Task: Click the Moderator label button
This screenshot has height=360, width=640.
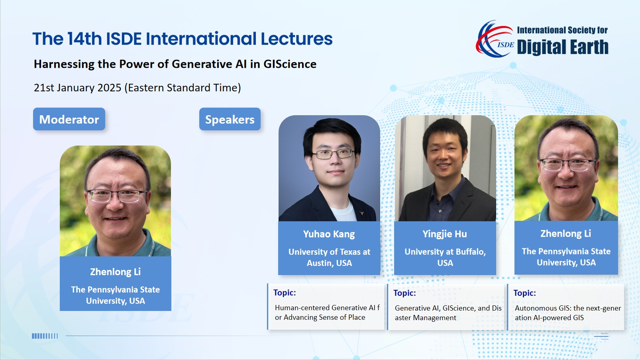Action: click(69, 119)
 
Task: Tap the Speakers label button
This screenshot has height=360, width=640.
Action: click(230, 119)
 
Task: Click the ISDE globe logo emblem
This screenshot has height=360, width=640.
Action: click(495, 39)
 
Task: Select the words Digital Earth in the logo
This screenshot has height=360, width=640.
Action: click(563, 47)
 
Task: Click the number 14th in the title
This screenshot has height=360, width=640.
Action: click(84, 39)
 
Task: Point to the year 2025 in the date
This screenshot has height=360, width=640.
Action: click(110, 87)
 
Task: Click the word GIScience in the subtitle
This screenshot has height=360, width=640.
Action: click(290, 64)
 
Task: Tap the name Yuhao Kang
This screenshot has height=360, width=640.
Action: click(329, 234)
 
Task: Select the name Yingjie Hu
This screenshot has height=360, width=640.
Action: click(445, 234)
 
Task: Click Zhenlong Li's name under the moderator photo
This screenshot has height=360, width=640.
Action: click(116, 271)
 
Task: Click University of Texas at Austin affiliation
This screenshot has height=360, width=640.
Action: click(329, 257)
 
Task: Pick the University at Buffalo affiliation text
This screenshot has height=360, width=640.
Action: click(445, 257)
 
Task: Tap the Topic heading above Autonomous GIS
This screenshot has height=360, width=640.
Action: click(524, 293)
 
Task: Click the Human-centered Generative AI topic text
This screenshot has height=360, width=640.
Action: click(327, 312)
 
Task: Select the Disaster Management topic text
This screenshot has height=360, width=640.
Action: click(448, 313)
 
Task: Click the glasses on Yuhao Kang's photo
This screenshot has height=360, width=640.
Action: click(333, 154)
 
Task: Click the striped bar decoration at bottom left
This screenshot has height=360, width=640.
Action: click(45, 336)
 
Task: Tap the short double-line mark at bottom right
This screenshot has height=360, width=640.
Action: click(601, 336)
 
